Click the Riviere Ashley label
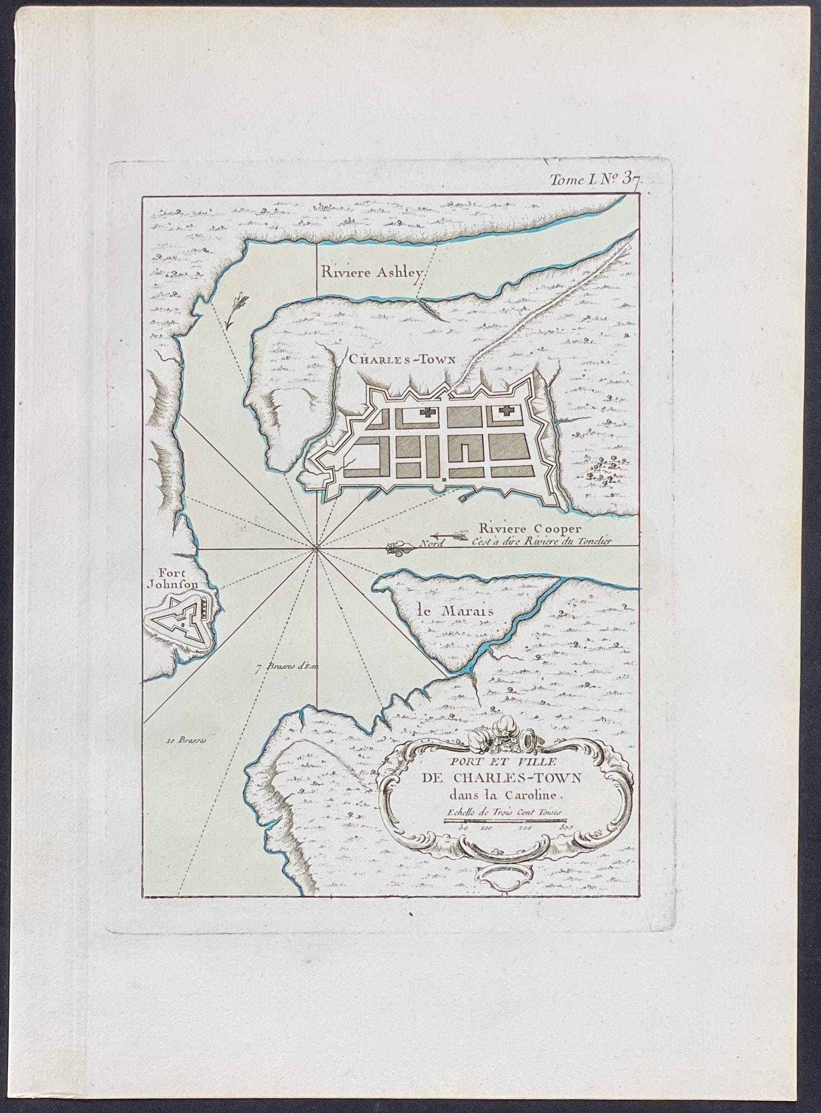[371, 273]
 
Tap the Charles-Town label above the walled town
[404, 359]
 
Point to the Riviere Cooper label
[523, 528]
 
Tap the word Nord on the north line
[432, 543]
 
